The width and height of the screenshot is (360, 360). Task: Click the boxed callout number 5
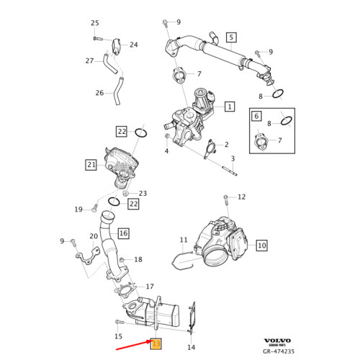pyautogui.click(x=231, y=37)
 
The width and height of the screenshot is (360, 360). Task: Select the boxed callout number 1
pyautogui.click(x=230, y=107)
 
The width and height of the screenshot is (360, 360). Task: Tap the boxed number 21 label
pyautogui.click(x=91, y=165)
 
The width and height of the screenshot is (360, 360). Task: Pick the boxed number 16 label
pyautogui.click(x=123, y=233)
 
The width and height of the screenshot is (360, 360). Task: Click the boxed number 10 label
pyautogui.click(x=261, y=246)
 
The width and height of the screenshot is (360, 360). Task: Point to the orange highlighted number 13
pyautogui.click(x=155, y=344)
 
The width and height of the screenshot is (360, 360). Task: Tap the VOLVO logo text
pyautogui.click(x=277, y=341)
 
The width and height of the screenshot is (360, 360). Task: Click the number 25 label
pyautogui.click(x=95, y=23)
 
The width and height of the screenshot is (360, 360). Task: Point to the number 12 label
pyautogui.click(x=241, y=197)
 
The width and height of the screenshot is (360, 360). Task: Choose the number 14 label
pyautogui.click(x=191, y=348)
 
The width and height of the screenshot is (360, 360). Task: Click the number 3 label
pyautogui.click(x=233, y=158)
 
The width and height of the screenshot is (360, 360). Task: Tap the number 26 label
pyautogui.click(x=99, y=92)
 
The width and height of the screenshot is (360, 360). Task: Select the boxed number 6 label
pyautogui.click(x=256, y=116)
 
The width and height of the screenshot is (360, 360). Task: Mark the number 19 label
pyautogui.click(x=78, y=210)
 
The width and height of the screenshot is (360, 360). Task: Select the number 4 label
pyautogui.click(x=166, y=151)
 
